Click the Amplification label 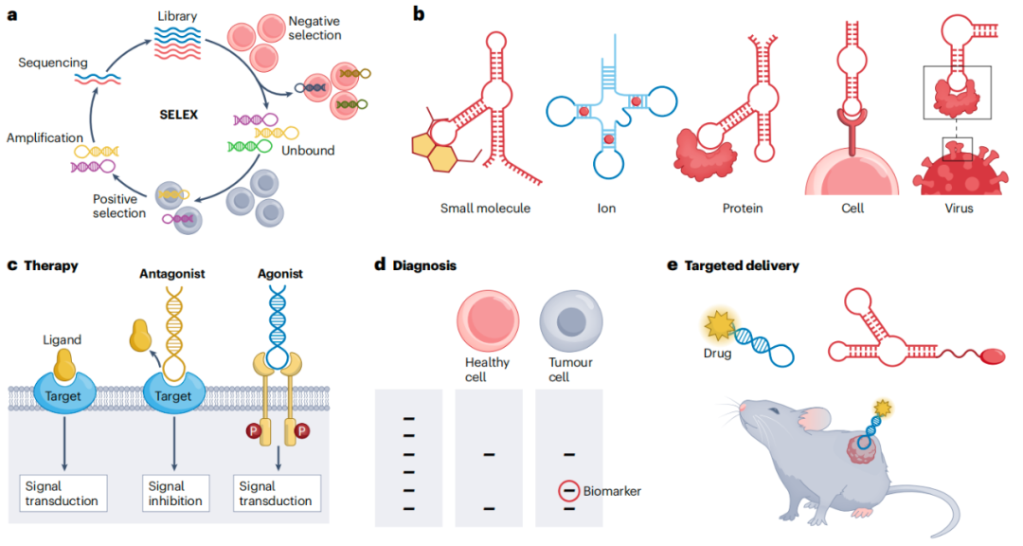pyautogui.click(x=45, y=138)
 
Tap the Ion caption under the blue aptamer pyautogui.click(x=606, y=208)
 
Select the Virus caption pyautogui.click(x=959, y=208)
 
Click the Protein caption pyautogui.click(x=743, y=208)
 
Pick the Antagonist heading pyautogui.click(x=174, y=275)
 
